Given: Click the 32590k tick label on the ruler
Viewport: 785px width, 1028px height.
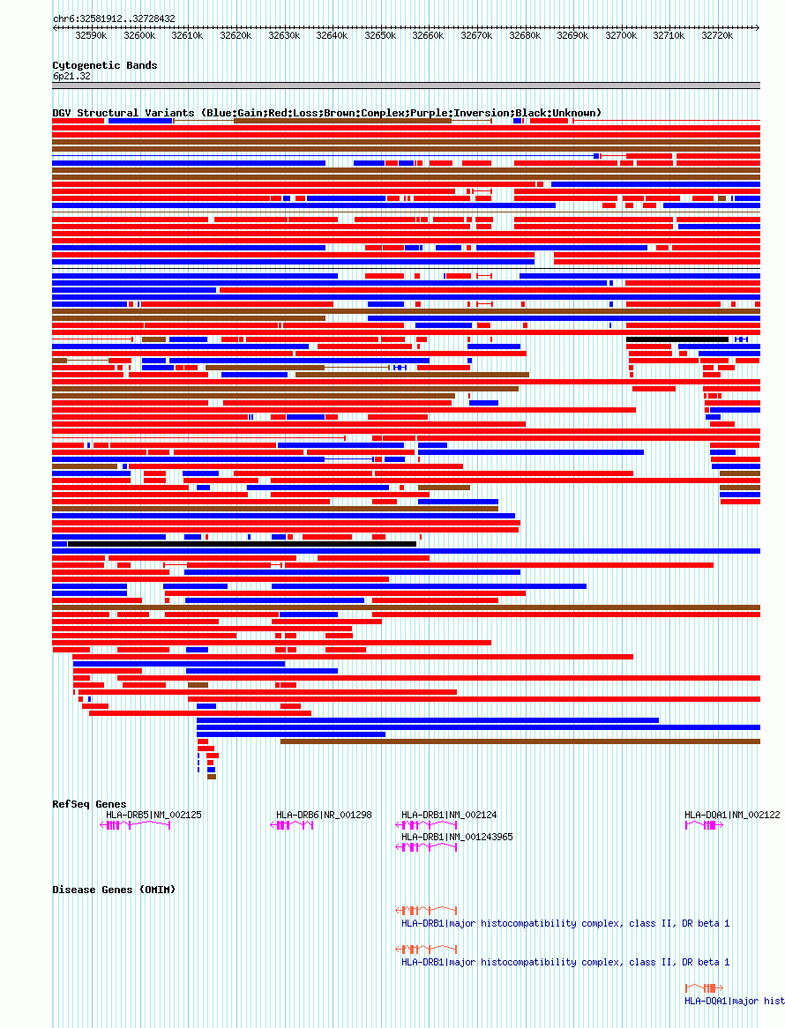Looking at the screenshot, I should (x=91, y=36).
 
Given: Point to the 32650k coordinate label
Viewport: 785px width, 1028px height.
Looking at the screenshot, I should (x=380, y=36).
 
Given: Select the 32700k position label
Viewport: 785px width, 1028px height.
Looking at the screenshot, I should (x=621, y=36).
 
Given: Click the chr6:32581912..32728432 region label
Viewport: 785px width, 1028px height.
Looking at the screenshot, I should (x=114, y=19).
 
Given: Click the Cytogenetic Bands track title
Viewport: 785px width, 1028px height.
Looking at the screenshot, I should (x=105, y=65).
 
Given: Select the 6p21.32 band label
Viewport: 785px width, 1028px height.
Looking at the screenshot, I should (x=71, y=77).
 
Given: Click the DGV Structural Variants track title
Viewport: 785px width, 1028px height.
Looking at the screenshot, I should (x=326, y=113).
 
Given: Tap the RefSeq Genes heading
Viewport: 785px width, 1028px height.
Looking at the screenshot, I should (x=89, y=804).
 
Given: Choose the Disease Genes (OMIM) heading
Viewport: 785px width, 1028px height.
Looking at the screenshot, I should (x=114, y=890).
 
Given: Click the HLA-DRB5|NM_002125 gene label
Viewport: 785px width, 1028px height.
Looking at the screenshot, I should (x=153, y=815).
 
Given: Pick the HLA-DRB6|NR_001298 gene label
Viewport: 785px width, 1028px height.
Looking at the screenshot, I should (x=324, y=815).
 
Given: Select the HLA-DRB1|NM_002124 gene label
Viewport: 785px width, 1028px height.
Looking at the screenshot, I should (x=449, y=815).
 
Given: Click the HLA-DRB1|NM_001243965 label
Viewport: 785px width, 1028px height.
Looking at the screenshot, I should (x=457, y=837).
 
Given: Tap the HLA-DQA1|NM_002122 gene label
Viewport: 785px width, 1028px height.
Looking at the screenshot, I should (x=732, y=815).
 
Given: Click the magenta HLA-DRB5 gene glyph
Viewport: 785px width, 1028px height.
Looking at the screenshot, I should (x=134, y=825).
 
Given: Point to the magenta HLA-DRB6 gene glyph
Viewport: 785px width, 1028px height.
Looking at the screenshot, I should (x=291, y=825).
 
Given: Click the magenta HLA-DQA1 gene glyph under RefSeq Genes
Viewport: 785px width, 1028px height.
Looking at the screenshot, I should (x=704, y=825).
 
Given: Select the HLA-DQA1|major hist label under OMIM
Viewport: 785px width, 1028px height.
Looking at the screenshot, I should (x=734, y=1001).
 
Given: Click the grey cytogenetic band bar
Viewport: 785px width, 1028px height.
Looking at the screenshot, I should (x=406, y=86).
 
